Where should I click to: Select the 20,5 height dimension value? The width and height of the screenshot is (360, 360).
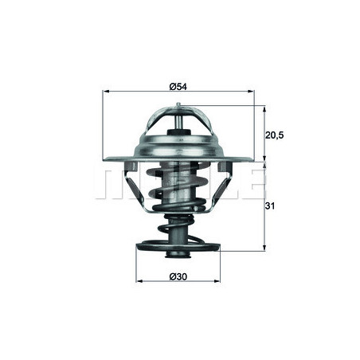coord(274,135)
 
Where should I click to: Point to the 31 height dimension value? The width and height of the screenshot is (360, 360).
coord(271,206)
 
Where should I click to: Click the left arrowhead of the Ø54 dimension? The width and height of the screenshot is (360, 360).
coord(106,92)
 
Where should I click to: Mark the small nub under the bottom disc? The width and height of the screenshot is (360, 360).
coord(178,256)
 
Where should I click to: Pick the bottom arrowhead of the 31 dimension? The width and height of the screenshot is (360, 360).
coord(263,249)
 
